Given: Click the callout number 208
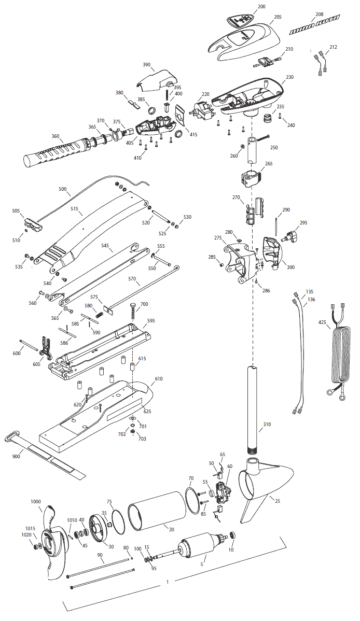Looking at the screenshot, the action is click(x=319, y=15).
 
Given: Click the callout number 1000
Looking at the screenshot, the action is click(x=36, y=501).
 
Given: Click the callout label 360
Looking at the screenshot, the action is click(x=56, y=136).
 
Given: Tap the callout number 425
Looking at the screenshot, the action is click(x=322, y=322).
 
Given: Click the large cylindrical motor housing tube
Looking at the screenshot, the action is click(x=157, y=511).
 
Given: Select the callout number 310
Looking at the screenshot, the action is click(x=267, y=425).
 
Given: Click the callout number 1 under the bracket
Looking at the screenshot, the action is click(x=168, y=582).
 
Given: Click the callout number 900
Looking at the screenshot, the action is click(x=16, y=457).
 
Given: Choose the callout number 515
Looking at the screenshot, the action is click(x=74, y=208).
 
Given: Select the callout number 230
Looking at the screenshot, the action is click(x=289, y=77).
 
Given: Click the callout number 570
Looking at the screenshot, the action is click(x=132, y=279).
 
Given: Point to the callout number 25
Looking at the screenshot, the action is click(x=278, y=501).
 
